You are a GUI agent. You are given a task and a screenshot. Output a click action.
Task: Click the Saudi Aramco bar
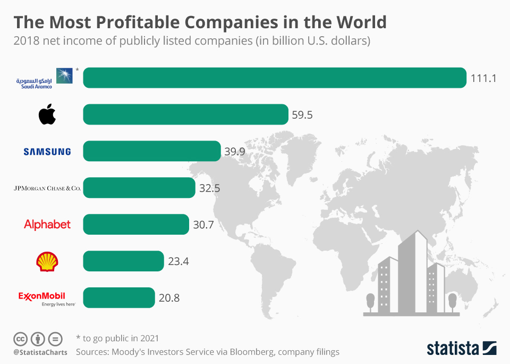[x=275, y=78]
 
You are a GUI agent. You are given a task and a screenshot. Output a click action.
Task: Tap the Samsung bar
[x=152, y=151]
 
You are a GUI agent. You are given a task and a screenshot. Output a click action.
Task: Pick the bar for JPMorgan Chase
[x=139, y=188]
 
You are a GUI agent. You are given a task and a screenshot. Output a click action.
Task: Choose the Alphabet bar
[x=136, y=224]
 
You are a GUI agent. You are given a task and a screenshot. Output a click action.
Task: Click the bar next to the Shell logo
[x=123, y=261]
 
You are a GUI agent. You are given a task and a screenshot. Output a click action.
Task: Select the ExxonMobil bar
[x=119, y=297]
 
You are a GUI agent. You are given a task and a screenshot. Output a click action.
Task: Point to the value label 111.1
[x=483, y=78]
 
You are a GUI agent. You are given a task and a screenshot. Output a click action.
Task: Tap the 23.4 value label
[x=178, y=261]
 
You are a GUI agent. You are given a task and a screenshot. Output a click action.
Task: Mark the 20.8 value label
[x=169, y=298]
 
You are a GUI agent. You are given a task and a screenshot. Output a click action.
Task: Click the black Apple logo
[x=47, y=114]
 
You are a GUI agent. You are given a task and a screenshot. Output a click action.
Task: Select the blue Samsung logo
[x=47, y=152]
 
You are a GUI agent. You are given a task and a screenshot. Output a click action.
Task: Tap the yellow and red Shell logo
[x=47, y=261]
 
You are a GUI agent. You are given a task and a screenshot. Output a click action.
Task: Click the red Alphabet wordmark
[x=47, y=225]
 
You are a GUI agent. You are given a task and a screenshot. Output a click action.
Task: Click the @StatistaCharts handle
[x=40, y=352]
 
